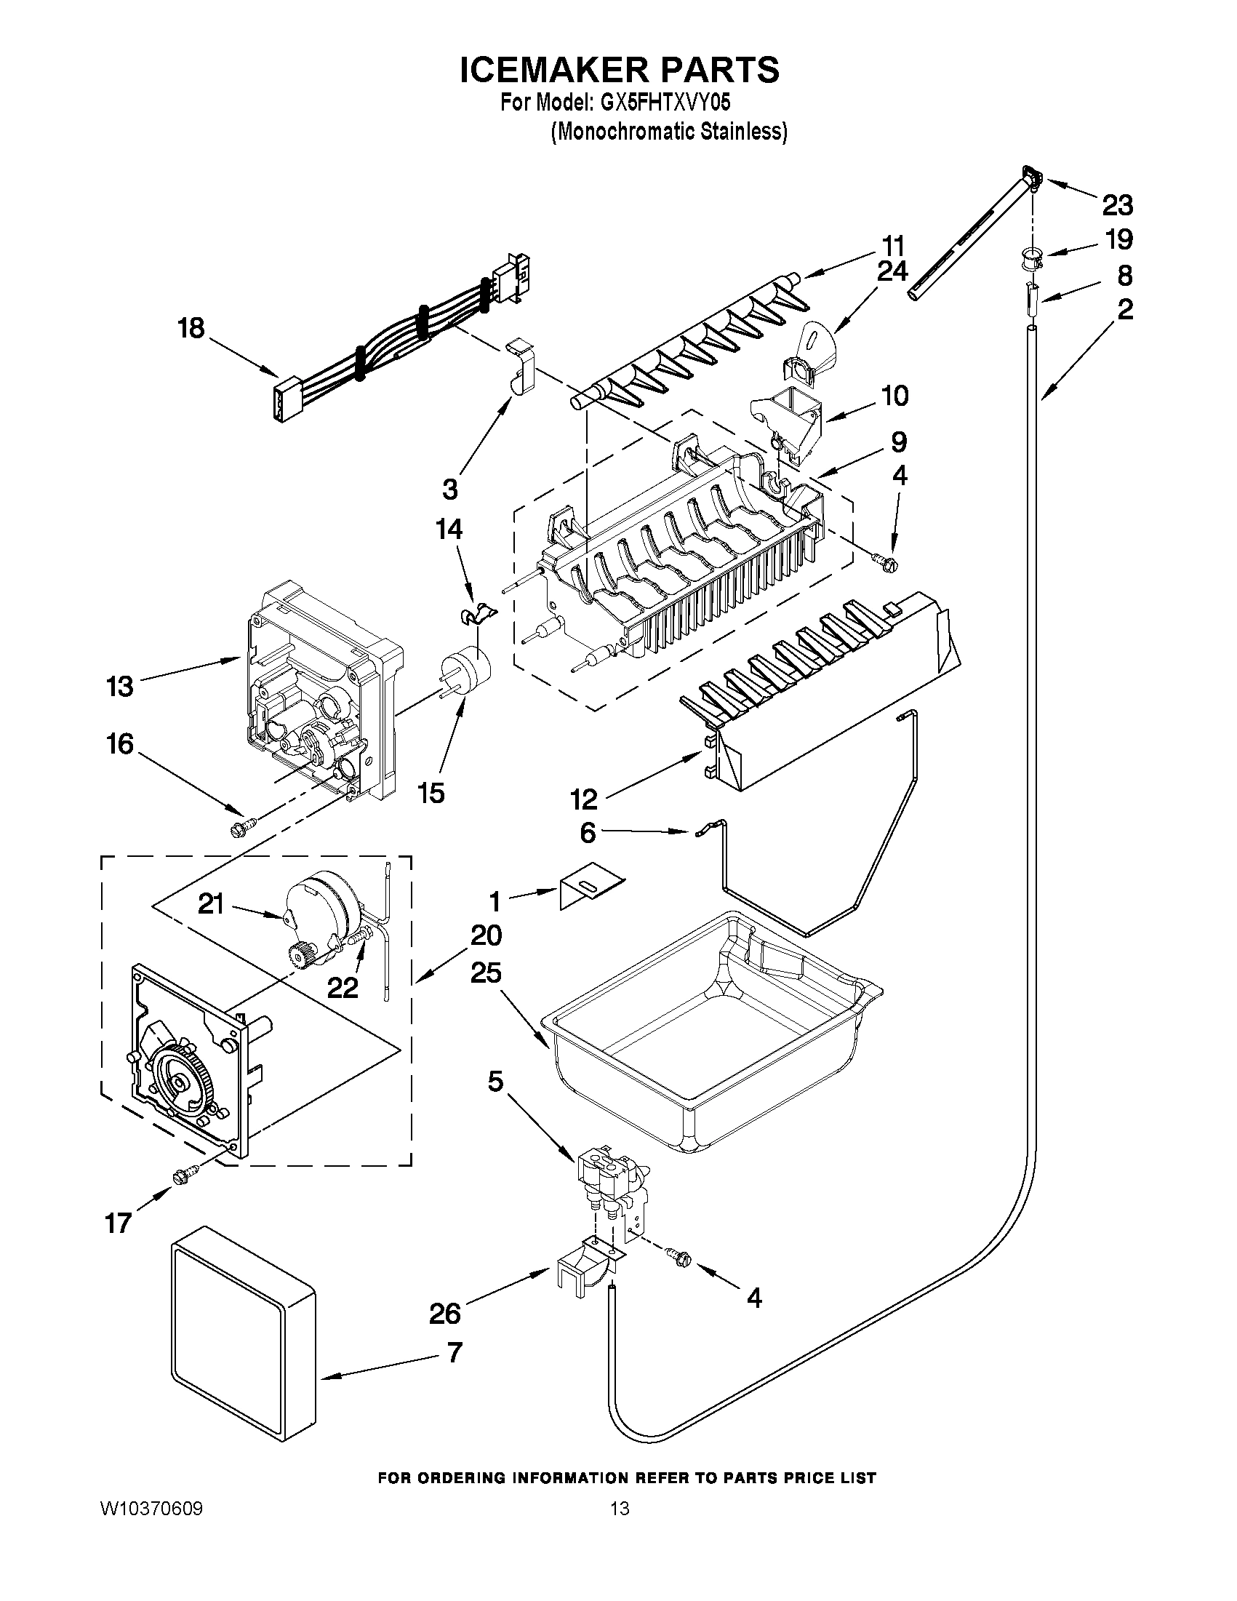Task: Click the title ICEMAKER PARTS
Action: coord(620,70)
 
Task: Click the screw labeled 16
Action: coord(241,828)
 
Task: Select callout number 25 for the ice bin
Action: coord(487,973)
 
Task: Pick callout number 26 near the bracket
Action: coord(445,1313)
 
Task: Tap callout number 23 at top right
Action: coord(1118,205)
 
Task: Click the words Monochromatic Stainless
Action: coord(669,132)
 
